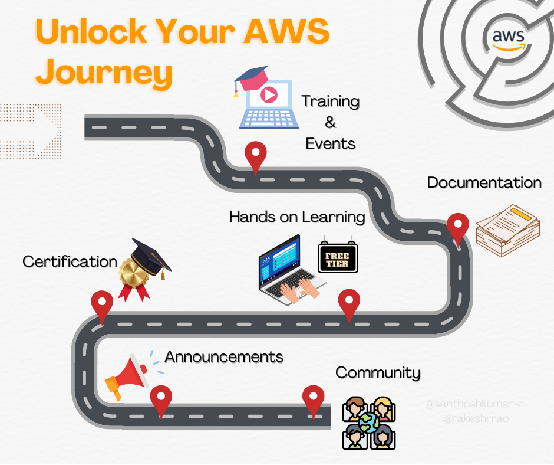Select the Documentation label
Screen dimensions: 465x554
484,183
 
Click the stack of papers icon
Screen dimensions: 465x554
507,231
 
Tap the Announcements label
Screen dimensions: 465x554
224,357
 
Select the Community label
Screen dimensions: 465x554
378,373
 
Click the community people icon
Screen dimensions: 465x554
369,423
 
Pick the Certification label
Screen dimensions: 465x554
70,261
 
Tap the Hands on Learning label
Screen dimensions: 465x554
297,217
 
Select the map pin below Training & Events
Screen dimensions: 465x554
255,155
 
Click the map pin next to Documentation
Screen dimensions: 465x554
458,227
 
